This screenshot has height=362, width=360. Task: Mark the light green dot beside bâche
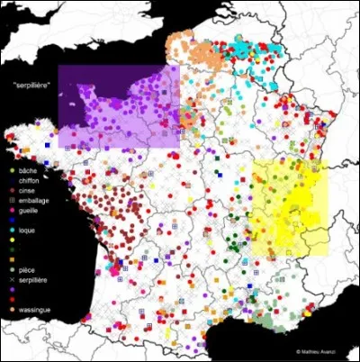click(10, 169)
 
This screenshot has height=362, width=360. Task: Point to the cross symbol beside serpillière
click(10, 280)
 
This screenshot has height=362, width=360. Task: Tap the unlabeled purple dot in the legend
click(10, 290)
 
